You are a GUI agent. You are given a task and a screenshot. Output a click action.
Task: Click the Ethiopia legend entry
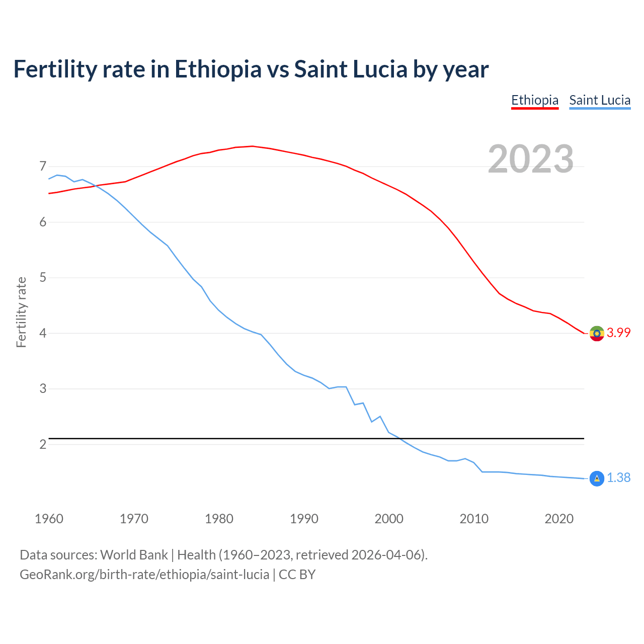535,100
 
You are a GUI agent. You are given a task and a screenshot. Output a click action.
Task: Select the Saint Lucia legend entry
600,100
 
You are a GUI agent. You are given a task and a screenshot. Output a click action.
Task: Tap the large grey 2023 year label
531,159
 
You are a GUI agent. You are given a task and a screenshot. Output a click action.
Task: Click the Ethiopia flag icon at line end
597,333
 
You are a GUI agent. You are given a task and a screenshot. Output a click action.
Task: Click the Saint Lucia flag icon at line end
597,478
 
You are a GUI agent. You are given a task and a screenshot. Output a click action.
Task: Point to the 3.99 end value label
618,333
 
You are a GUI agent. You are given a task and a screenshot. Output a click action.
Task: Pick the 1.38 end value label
618,478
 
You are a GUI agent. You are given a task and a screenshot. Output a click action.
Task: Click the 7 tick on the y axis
43,167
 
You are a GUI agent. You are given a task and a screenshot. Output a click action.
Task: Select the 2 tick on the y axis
43,445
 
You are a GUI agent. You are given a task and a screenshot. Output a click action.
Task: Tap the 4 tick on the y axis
43,334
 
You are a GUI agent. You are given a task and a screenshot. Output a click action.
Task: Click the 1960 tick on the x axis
49,519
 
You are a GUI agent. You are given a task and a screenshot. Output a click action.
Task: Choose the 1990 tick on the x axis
304,519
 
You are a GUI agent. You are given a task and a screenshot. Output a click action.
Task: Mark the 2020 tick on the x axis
559,519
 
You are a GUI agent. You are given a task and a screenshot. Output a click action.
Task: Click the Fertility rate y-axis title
21,312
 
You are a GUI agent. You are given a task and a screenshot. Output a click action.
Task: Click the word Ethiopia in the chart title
218,69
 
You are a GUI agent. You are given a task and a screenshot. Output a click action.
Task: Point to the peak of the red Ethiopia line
252,146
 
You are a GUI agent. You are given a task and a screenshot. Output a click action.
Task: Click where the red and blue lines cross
95,186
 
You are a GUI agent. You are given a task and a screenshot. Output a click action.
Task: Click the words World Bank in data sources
134,555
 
